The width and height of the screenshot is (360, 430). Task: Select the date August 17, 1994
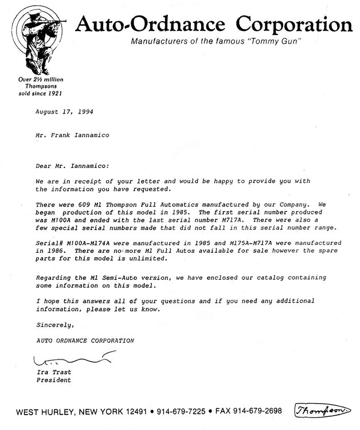click(x=64, y=112)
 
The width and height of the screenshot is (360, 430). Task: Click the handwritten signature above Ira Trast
click(x=66, y=361)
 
